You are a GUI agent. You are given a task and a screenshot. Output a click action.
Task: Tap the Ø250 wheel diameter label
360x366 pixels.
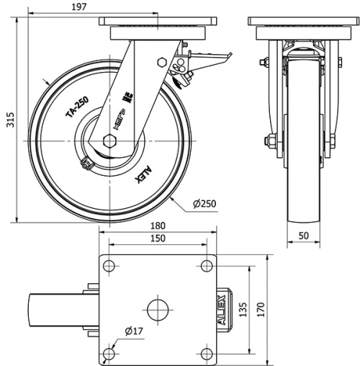[206, 205]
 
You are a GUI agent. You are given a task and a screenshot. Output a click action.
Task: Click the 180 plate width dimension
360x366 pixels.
[157, 226]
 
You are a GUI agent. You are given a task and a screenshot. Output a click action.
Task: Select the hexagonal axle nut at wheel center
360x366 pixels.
[110, 140]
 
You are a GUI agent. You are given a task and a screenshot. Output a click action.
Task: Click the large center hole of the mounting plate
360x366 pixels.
[157, 311]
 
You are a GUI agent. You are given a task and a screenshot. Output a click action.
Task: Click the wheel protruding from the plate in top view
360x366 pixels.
[60, 311]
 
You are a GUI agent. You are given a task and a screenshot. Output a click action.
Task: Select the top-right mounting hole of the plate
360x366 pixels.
[206, 266]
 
